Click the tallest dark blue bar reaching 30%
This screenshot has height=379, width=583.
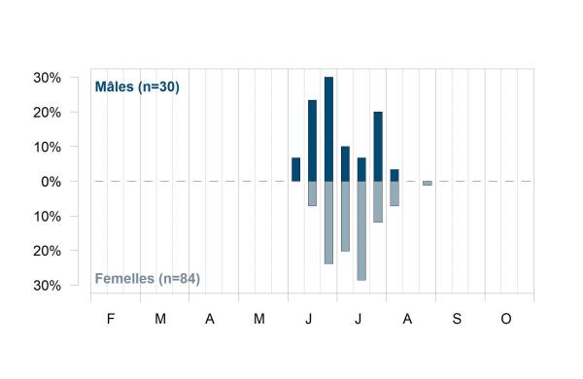click(x=328, y=129)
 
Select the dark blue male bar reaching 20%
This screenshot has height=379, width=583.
click(x=378, y=147)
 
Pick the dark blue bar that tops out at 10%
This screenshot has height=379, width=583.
click(x=345, y=163)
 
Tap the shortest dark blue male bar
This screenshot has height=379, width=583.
click(x=394, y=175)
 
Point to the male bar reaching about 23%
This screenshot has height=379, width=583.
click(x=312, y=141)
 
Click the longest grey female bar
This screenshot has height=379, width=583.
click(x=361, y=230)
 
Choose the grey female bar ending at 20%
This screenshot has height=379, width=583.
click(x=345, y=217)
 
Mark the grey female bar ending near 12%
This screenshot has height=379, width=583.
click(x=378, y=202)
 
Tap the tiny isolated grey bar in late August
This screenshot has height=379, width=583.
click(x=428, y=184)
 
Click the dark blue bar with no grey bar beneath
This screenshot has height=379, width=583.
click(x=296, y=170)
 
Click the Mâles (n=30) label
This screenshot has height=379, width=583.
click(x=137, y=87)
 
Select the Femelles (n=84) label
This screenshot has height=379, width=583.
click(x=148, y=279)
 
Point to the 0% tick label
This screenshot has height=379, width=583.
click(x=51, y=182)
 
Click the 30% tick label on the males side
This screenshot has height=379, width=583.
click(x=47, y=78)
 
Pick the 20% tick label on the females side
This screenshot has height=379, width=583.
click(x=47, y=251)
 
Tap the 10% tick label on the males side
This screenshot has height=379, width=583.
click(x=47, y=148)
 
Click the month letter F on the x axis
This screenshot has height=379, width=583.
click(x=111, y=319)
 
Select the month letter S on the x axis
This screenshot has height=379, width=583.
click(x=457, y=319)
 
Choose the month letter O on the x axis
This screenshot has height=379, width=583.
click(x=506, y=319)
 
